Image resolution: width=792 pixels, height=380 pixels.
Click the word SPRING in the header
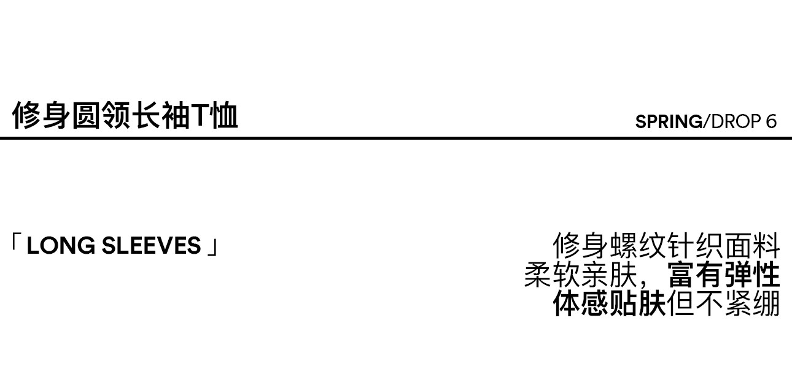pyautogui.click(x=669, y=121)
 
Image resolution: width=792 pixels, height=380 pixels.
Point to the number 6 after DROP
pyautogui.click(x=771, y=121)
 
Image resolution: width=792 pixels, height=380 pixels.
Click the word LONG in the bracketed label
pyautogui.click(x=61, y=246)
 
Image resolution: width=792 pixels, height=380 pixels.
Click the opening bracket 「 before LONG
pyautogui.click(x=15, y=244)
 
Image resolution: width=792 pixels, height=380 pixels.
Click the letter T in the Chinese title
pyautogui.click(x=201, y=116)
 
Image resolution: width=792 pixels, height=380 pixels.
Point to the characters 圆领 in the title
pyautogui.click(x=101, y=116)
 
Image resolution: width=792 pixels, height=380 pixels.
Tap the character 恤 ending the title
pyautogui.click(x=224, y=116)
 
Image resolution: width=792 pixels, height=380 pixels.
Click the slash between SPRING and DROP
pyautogui.click(x=706, y=121)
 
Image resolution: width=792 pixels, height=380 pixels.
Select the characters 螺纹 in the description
pyautogui.click(x=638, y=246)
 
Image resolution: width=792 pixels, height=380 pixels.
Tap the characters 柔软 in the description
pyautogui.click(x=552, y=275)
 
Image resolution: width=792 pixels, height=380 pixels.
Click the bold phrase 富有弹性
pyautogui.click(x=723, y=275)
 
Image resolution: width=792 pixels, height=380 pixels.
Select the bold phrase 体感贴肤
pyautogui.click(x=609, y=303)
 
